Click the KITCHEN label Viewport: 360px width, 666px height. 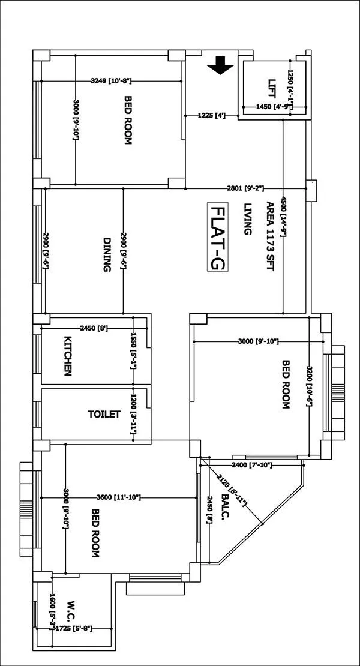coord(68,356)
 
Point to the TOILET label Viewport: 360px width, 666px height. coord(104,414)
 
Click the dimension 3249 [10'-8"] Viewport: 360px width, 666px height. coord(111,80)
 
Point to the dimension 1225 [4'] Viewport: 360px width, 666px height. coord(211,115)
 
